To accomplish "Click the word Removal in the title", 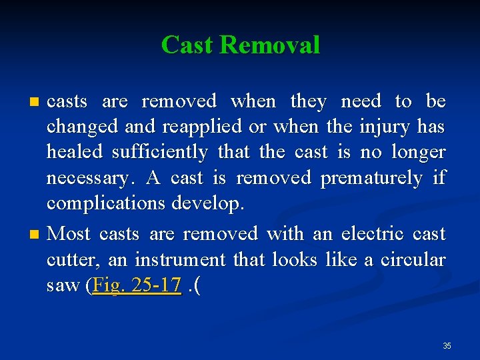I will [x=269, y=45].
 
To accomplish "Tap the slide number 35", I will [x=447, y=345].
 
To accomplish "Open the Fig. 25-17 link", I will [x=137, y=285].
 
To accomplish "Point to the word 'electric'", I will [x=372, y=234].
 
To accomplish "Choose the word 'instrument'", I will [x=180, y=259].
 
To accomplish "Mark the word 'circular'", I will [x=413, y=259].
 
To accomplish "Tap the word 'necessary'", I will [x=88, y=178].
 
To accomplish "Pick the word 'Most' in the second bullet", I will [x=69, y=234].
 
